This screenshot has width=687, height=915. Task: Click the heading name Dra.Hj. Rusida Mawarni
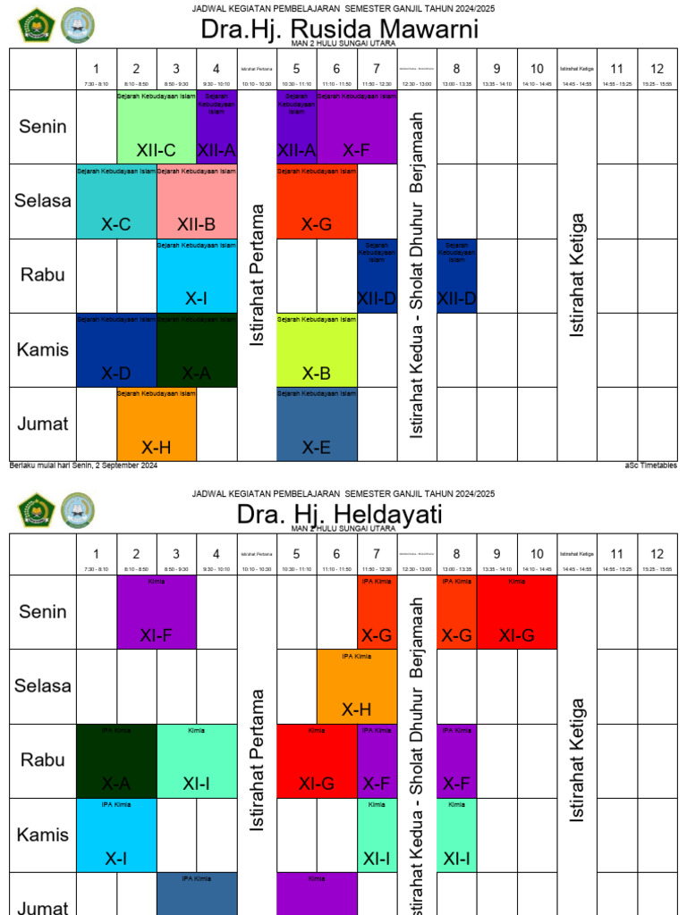pos(339,29)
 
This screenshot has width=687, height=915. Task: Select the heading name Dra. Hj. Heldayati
pos(339,515)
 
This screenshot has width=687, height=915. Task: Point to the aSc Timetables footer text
pos(651,466)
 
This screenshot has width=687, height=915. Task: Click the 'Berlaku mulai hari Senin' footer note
pos(83,466)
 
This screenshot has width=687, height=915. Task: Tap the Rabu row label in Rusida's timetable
pos(43,275)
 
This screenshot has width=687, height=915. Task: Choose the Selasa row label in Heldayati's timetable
pos(43,686)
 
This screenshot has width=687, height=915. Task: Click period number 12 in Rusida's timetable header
pos(657,68)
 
